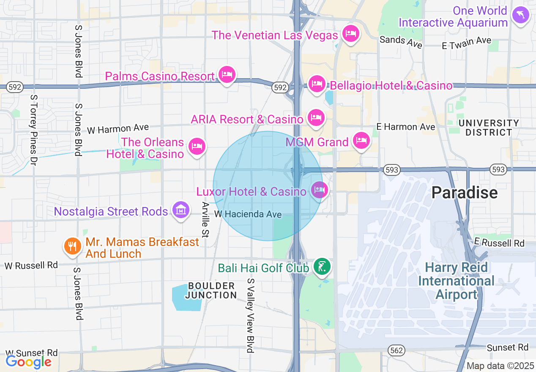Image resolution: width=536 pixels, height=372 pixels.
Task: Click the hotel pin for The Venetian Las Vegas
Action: click(x=350, y=33)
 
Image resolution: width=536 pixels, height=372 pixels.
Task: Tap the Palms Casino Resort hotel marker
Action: click(x=227, y=75)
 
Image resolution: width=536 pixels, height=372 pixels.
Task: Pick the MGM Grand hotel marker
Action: click(x=361, y=140)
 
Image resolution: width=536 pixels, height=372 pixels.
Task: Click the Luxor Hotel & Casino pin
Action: click(x=319, y=190)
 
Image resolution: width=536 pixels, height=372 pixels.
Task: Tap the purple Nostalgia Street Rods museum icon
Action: click(x=180, y=209)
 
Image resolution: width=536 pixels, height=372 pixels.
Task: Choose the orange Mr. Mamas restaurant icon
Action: click(x=73, y=246)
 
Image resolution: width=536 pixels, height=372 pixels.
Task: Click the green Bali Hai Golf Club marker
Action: click(x=322, y=266)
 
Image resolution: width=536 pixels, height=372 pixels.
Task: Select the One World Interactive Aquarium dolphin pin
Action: click(x=520, y=16)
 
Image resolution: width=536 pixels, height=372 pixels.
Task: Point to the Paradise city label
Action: click(x=465, y=193)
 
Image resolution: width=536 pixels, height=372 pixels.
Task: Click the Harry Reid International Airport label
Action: click(x=456, y=281)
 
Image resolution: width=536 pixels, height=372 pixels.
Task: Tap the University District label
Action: click(x=489, y=128)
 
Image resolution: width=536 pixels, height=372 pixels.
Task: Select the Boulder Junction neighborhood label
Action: click(x=211, y=290)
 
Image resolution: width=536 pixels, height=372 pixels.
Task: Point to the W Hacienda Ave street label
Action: click(x=248, y=214)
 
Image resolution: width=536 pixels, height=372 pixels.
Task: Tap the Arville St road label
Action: click(x=205, y=219)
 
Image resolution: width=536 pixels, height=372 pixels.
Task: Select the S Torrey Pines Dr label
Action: click(x=34, y=129)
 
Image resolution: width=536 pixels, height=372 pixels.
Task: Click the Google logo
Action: click(x=28, y=362)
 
